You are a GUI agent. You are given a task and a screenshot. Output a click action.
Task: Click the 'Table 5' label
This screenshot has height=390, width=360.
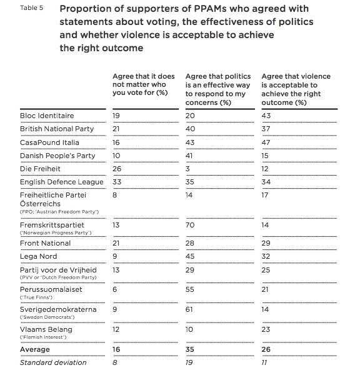(x=32, y=8)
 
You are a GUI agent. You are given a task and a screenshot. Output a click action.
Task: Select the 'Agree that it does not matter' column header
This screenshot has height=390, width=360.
(x=144, y=84)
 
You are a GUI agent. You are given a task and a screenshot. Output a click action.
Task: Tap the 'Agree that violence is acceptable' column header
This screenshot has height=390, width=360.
(x=296, y=89)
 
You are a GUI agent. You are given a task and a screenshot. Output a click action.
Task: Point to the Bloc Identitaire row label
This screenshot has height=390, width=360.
(x=47, y=116)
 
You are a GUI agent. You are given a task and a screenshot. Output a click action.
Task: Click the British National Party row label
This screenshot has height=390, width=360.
(x=57, y=129)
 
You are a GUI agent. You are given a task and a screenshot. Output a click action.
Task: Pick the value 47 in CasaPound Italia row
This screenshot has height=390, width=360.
(x=266, y=142)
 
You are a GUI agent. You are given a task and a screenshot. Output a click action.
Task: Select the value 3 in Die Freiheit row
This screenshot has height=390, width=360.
(x=187, y=169)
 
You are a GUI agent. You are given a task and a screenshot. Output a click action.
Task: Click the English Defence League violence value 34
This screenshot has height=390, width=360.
(x=266, y=182)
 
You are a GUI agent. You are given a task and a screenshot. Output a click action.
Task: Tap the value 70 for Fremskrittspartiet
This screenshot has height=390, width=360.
(x=190, y=225)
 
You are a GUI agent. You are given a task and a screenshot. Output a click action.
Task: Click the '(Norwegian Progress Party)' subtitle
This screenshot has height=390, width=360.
(x=56, y=232)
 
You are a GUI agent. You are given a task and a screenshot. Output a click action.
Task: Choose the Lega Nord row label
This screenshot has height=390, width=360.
(x=39, y=256)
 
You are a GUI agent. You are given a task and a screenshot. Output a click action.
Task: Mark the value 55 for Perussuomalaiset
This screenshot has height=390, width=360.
(x=190, y=289)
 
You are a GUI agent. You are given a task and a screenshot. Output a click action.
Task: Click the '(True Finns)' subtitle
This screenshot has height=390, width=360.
(x=36, y=297)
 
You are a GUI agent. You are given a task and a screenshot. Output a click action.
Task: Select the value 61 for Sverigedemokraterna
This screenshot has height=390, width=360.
(x=189, y=309)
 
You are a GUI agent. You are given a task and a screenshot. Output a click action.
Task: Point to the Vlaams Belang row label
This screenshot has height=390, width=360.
(x=46, y=329)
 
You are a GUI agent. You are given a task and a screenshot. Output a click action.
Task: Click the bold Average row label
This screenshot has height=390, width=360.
(x=35, y=349)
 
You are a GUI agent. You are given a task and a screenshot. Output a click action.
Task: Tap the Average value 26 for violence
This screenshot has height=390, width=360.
(x=266, y=349)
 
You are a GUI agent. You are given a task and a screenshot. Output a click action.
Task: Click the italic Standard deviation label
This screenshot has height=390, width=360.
(x=53, y=362)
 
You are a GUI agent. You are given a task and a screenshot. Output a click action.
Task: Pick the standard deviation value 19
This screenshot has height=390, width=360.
(x=189, y=362)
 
